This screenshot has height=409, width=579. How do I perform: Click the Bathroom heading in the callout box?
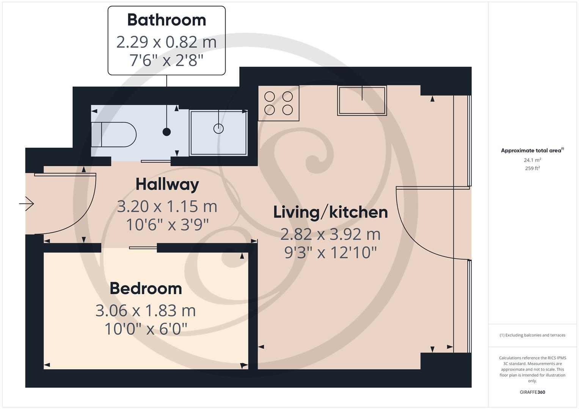click(166, 20)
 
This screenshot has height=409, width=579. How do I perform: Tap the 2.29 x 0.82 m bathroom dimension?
click(166, 42)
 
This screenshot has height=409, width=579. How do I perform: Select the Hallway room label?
click(167, 184)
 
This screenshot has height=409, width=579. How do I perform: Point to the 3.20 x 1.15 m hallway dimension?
click(167, 206)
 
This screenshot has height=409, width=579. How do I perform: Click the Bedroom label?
click(146, 289)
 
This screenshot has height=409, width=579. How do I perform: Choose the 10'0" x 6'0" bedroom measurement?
click(146, 329)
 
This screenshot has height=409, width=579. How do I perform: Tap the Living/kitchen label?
click(330, 212)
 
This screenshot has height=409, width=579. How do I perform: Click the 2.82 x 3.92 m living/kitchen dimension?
click(330, 234)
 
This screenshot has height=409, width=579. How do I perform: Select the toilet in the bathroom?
click(114, 134)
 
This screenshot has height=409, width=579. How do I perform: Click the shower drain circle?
click(218, 129)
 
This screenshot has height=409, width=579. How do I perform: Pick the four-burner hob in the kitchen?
click(279, 103)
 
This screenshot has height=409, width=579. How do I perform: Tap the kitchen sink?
click(362, 100)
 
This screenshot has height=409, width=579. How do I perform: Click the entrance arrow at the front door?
click(27, 204)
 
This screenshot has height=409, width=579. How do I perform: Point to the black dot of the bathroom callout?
click(166, 132)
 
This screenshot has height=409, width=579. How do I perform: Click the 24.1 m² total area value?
click(532, 160)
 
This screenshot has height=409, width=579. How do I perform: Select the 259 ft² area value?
click(532, 168)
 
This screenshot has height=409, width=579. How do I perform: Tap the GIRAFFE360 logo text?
click(532, 392)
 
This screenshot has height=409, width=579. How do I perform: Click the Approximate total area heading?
click(532, 150)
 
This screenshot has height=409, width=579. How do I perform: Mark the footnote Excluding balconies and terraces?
click(532, 335)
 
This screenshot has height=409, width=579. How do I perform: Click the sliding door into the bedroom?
click(143, 248)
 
